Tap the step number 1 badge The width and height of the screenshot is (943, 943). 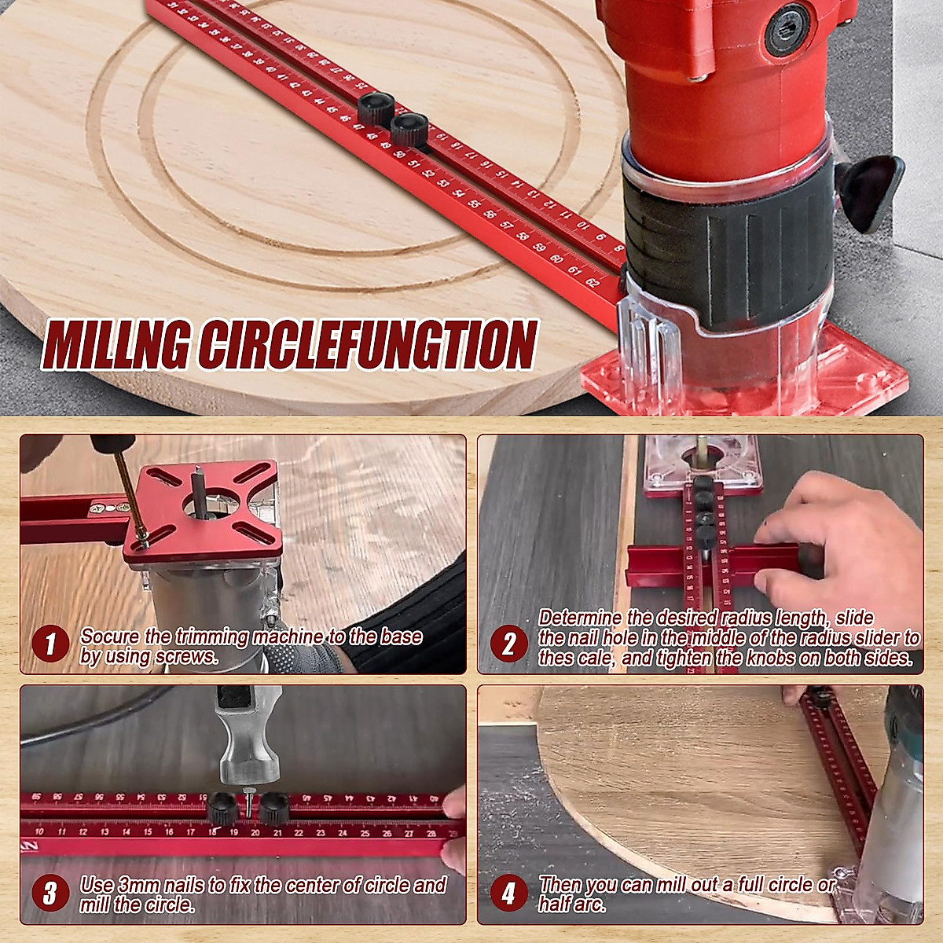tap(50, 645)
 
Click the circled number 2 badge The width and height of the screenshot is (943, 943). tap(508, 645)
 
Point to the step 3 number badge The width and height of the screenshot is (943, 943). tap(50, 893)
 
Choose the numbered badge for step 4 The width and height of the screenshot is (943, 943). tap(508, 893)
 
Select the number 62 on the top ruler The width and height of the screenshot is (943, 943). tap(591, 282)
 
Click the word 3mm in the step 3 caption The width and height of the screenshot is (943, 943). tap(140, 885)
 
